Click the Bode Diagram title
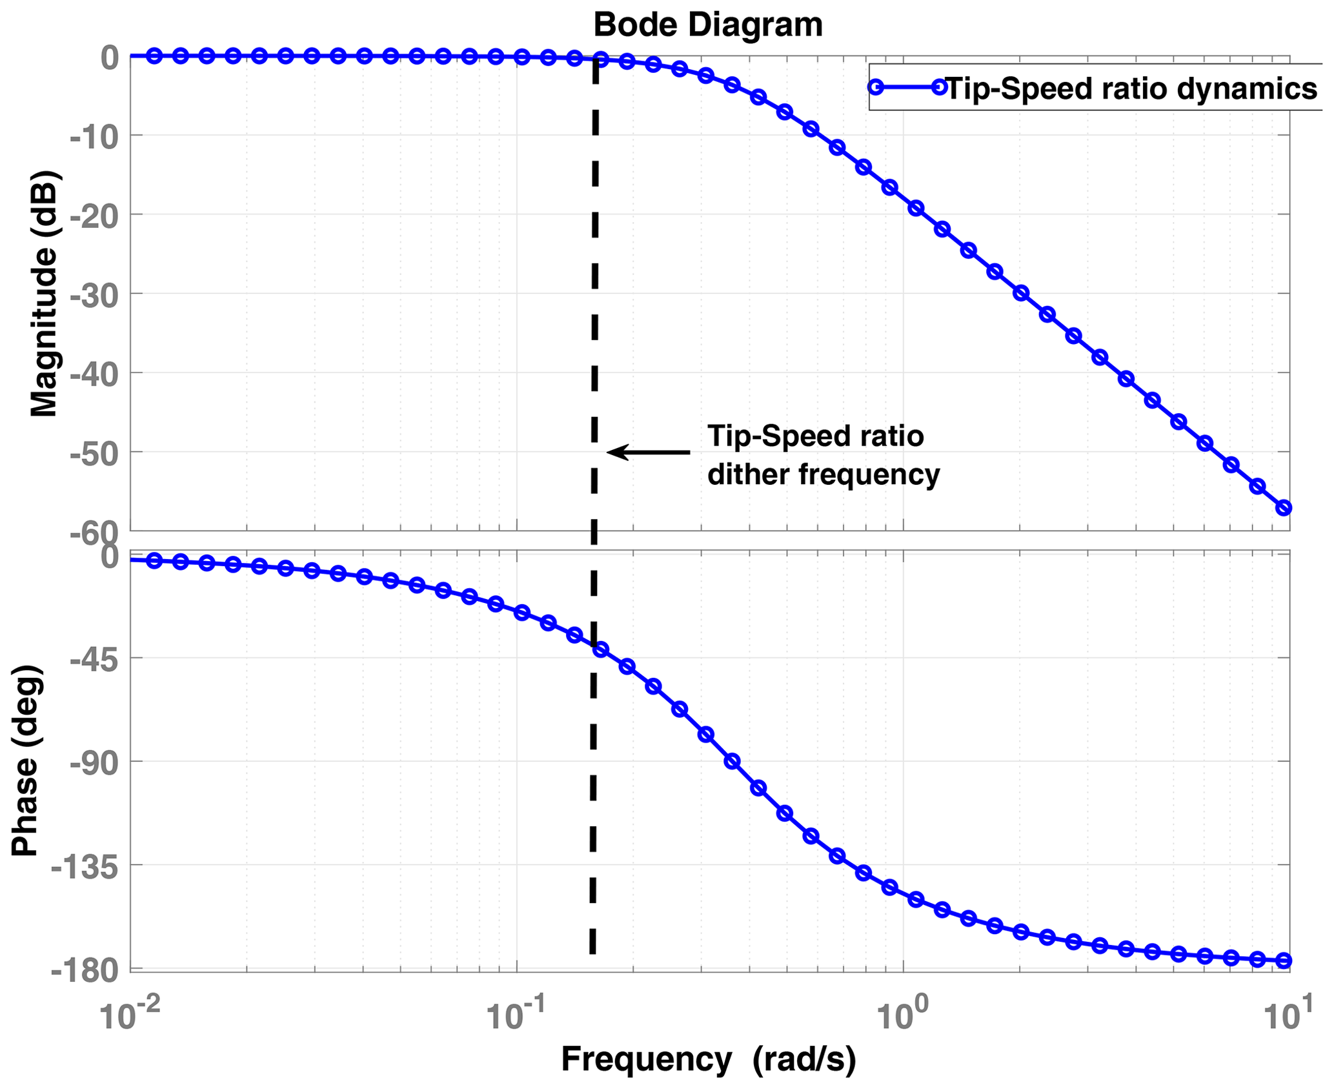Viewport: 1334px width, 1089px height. point(708,26)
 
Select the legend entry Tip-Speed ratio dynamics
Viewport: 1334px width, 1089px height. point(1130,88)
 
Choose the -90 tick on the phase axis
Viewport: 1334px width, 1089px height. point(94,762)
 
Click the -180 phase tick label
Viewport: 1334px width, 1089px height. point(85,970)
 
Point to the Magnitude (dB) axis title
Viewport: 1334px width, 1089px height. point(44,294)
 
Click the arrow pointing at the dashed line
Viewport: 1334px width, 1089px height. point(648,453)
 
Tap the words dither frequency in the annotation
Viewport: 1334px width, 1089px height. point(824,475)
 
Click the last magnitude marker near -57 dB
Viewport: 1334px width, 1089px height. point(1284,508)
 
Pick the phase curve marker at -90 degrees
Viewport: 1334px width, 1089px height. point(732,762)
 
